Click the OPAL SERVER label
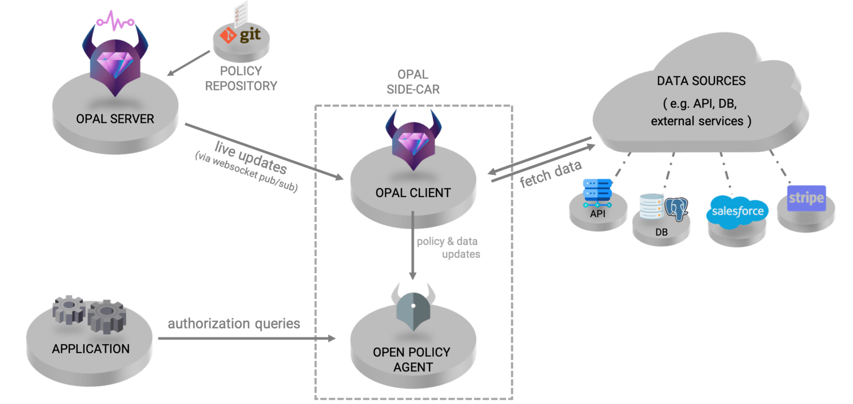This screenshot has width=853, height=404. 115,119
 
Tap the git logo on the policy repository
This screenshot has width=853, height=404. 241,35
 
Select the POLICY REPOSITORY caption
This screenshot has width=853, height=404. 241,78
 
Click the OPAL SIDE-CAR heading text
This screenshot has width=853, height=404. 413,82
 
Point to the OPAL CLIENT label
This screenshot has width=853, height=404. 413,193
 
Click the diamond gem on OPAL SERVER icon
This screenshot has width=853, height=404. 115,64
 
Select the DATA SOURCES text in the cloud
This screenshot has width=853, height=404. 701,81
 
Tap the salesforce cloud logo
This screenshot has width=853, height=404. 737,211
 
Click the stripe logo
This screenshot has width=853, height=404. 806,198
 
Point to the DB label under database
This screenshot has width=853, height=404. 662,232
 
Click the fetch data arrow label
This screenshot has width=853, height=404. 550,174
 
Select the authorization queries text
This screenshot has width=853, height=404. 234,324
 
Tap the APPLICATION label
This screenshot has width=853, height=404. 91,349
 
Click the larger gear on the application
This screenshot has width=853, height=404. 107,316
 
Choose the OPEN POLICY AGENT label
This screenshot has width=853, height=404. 412,359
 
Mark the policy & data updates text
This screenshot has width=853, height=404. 448,248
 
